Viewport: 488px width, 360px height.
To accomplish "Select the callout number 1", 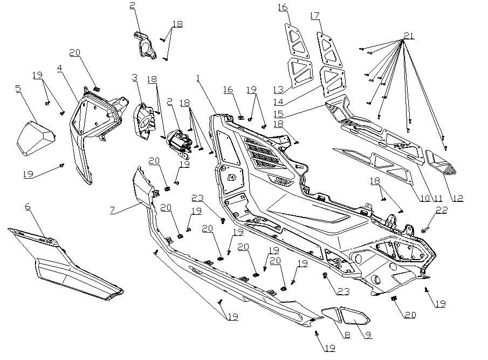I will (x=198, y=78).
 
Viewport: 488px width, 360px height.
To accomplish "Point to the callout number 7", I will (x=112, y=209).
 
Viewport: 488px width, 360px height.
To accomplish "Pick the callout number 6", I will (x=29, y=206).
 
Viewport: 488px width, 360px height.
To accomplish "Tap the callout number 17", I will (x=315, y=16).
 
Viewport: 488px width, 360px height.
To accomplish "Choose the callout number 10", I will (x=424, y=198).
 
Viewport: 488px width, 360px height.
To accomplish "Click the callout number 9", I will (x=368, y=335).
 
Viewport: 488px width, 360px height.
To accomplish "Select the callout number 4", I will (x=59, y=69).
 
